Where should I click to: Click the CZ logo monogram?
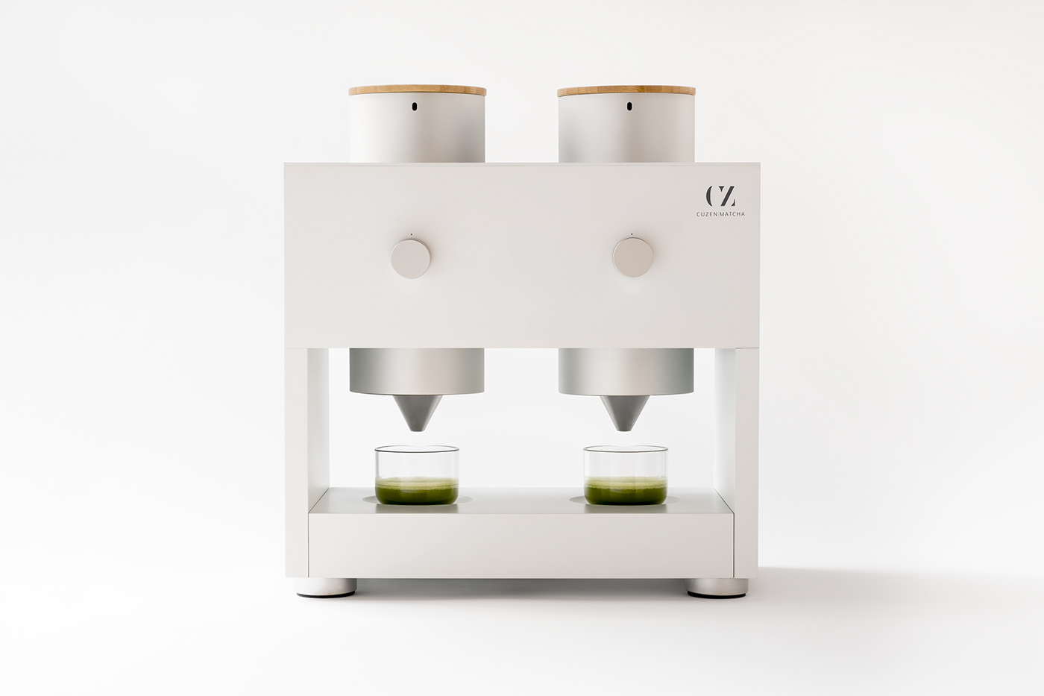coord(720,196)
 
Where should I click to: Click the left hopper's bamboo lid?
coord(418,91)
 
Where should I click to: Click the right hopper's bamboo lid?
coord(626,91)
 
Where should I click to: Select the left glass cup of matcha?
coord(417,474)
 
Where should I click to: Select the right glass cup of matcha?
coord(625,474)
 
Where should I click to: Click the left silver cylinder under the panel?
coord(417,371)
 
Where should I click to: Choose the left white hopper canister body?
coord(418,134)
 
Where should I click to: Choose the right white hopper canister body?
coord(626,134)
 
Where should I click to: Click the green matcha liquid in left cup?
coord(417,492)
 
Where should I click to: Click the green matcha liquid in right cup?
coord(625,492)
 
